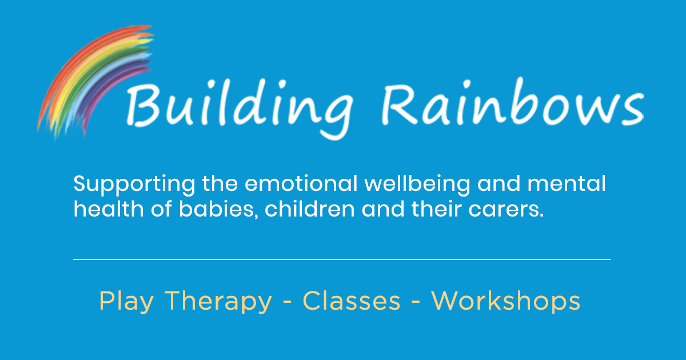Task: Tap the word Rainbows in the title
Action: (513, 102)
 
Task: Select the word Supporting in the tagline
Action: (134, 185)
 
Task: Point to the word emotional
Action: (301, 183)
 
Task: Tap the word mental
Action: (567, 183)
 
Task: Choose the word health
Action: (109, 209)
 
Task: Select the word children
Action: (310, 209)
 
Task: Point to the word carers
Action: (506, 210)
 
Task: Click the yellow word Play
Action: (126, 302)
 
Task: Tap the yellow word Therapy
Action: (218, 302)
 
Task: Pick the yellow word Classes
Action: (352, 301)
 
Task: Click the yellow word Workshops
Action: (505, 302)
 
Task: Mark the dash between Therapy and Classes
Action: (287, 302)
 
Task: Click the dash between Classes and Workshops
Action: (416, 302)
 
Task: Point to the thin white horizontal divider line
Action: (342, 259)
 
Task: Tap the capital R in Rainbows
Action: (400, 105)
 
